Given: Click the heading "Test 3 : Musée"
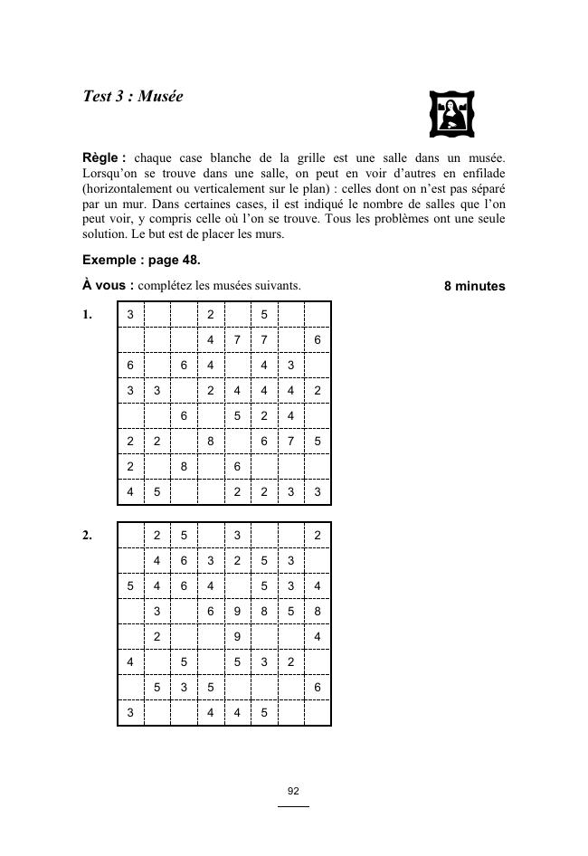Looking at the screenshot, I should pyautogui.click(x=132, y=96).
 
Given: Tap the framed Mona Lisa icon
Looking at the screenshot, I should pyautogui.click(x=451, y=114).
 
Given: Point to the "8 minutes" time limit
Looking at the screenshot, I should pyautogui.click(x=474, y=286).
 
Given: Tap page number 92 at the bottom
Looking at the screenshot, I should pyautogui.click(x=293, y=791).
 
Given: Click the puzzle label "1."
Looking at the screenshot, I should pyautogui.click(x=88, y=315).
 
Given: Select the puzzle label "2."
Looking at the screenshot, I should pyautogui.click(x=88, y=536).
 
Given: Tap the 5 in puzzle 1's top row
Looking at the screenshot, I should pyautogui.click(x=263, y=315).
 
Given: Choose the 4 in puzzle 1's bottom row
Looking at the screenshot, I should pyautogui.click(x=130, y=492).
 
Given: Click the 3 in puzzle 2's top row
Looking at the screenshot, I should pyautogui.click(x=237, y=536).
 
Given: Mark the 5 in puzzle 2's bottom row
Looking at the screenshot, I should pyautogui.click(x=263, y=713).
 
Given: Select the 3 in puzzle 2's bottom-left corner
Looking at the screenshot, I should pyautogui.click(x=130, y=713).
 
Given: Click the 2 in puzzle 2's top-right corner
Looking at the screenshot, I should pyautogui.click(x=317, y=536).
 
